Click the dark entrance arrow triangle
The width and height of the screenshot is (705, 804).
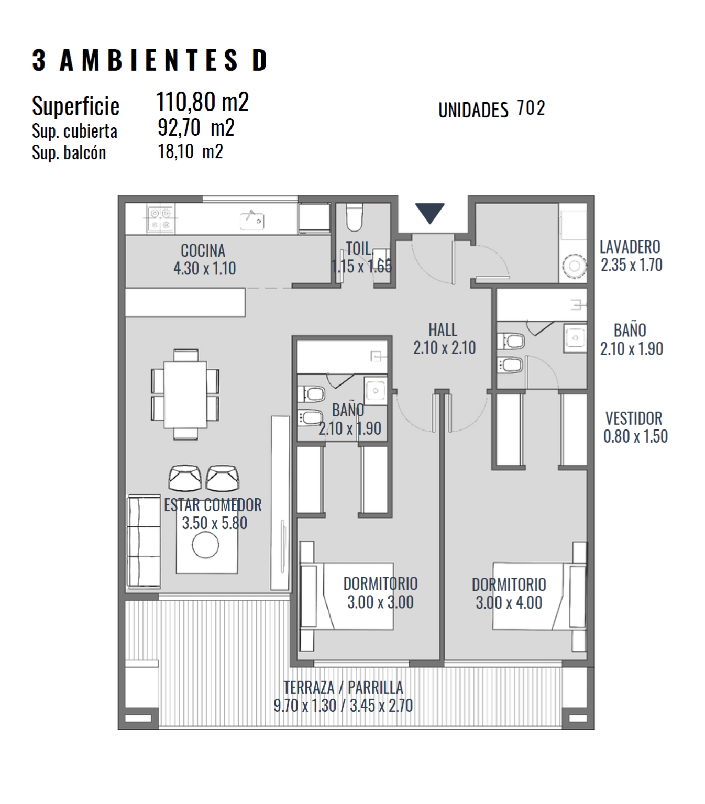429,213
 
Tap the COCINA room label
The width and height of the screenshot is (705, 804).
203,250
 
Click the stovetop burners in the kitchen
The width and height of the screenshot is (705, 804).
160,218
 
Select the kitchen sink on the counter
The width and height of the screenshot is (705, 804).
252,219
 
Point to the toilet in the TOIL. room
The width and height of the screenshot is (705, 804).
354,217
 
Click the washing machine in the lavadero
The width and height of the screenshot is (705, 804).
574,266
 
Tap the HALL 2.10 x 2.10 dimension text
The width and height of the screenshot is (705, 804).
444,348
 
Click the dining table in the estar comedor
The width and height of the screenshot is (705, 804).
185,394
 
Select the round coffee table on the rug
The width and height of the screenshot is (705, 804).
205,545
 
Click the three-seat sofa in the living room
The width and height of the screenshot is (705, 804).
144,541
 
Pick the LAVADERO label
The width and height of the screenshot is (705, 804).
630,247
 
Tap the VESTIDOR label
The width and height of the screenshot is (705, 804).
634,418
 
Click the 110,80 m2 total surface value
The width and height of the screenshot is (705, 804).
202,102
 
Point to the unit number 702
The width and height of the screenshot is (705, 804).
531,108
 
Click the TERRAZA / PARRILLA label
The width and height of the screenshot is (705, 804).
343,687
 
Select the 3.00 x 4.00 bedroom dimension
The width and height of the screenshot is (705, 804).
509,602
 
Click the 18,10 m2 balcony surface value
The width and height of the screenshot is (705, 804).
190,151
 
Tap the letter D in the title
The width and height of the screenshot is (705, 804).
260,60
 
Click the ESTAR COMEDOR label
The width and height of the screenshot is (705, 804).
213,505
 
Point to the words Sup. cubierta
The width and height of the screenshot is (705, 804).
74,130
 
